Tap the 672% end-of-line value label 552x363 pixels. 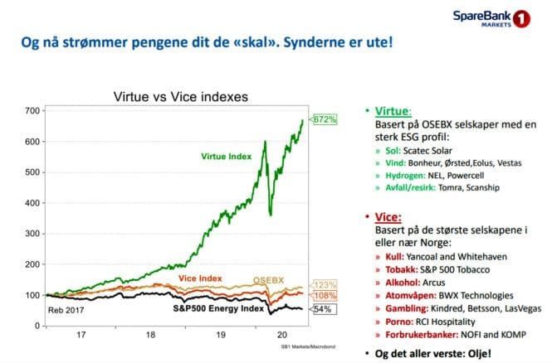click(x=325, y=120)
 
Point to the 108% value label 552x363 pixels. click(x=325, y=295)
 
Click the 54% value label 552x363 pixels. click(x=323, y=308)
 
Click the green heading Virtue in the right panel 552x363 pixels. click(x=398, y=110)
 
